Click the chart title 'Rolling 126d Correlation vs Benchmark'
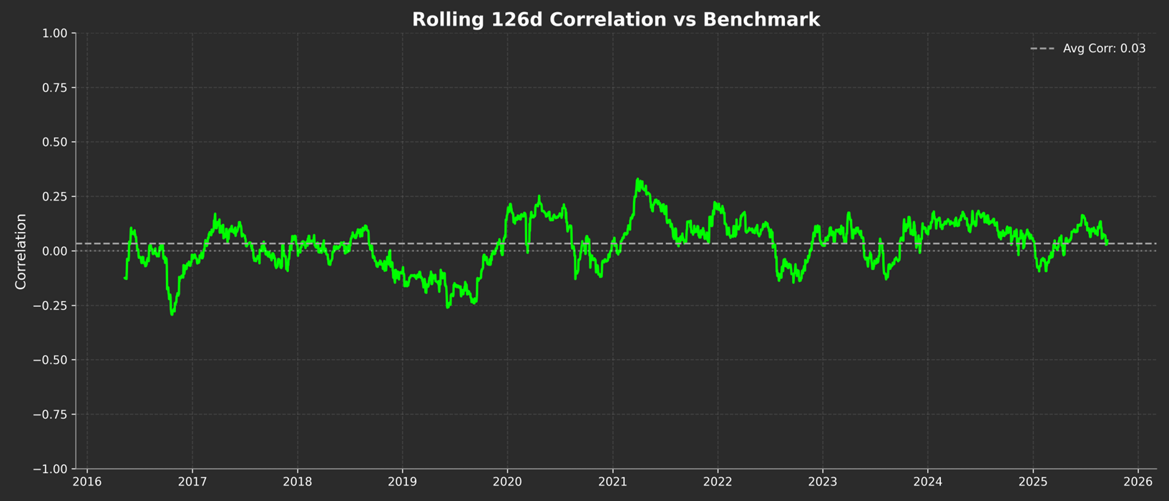615,19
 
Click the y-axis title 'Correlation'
21,251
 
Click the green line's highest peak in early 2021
637,180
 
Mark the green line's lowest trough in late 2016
172,314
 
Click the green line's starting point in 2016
125,278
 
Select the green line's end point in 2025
1107,243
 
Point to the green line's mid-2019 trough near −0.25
448,306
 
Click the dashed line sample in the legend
1042,49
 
